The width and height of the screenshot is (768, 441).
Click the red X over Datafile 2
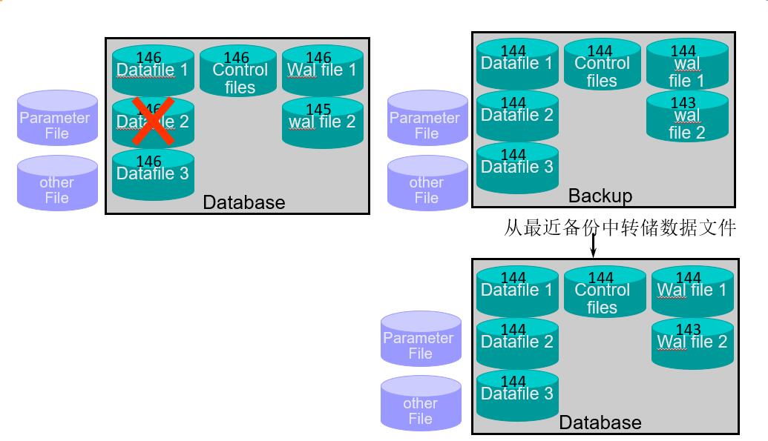(x=153, y=122)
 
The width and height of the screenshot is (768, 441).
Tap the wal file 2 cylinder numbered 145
(x=322, y=122)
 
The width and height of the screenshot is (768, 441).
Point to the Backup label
(x=600, y=196)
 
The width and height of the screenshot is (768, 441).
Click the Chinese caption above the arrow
(x=620, y=228)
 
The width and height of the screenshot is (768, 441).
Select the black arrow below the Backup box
(x=593, y=247)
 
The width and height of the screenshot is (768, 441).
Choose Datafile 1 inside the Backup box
(x=516, y=64)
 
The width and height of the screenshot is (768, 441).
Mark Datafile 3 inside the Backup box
(x=516, y=168)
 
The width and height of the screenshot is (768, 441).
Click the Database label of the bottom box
(x=600, y=422)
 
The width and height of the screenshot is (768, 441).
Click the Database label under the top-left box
(x=243, y=202)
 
